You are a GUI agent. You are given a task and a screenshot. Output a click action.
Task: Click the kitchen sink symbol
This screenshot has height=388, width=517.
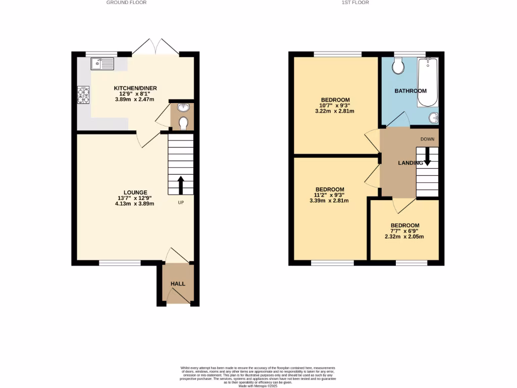pos(103,64)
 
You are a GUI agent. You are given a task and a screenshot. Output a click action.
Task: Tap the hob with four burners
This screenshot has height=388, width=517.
pos(83,95)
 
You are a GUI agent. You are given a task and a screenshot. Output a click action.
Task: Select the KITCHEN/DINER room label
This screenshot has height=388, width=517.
pos(134,88)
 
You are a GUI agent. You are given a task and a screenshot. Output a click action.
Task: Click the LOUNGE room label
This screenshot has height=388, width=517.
pos(134,192)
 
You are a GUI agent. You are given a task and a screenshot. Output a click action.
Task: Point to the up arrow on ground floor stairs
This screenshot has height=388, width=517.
pos(180,185)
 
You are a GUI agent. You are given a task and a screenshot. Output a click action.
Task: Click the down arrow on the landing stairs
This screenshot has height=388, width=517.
pos(427,156)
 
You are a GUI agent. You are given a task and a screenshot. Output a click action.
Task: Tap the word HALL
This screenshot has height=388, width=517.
pos(178,284)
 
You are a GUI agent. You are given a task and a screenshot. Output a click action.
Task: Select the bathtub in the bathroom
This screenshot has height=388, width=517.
pos(428,82)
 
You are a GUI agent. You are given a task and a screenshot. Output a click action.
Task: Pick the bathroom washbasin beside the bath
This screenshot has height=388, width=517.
pos(433,118)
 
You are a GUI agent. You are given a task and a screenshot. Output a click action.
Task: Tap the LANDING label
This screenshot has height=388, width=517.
pos(410,163)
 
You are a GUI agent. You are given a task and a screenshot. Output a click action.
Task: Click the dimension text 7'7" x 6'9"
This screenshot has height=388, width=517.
pos(404,231)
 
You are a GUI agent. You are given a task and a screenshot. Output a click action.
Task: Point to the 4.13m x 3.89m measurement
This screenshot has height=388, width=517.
pos(134,204)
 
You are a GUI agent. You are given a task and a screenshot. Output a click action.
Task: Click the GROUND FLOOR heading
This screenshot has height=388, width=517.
pos(127,3)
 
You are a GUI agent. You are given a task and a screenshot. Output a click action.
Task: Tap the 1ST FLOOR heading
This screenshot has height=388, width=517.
pos(355,3)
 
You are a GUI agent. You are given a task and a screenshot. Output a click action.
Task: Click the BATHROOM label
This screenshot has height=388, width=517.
pos(410,91)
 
